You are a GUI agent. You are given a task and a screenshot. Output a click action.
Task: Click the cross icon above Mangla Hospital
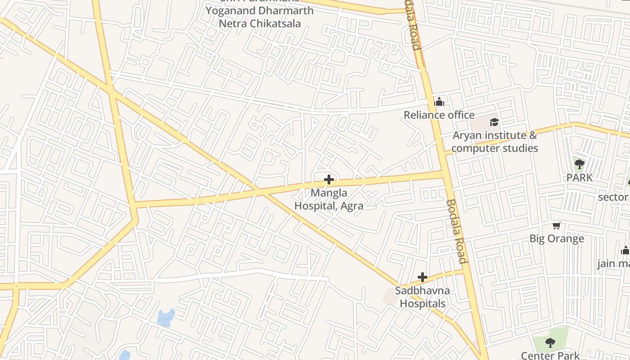click(329, 180)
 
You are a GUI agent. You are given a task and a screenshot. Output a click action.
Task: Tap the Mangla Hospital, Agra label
click(329, 199)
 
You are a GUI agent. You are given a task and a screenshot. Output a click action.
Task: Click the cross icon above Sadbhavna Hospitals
click(422, 277)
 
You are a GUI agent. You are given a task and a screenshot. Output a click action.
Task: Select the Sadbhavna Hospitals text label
click(423, 297)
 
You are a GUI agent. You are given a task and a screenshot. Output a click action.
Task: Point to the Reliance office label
click(439, 115)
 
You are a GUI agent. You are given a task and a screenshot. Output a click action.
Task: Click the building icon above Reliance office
click(439, 102)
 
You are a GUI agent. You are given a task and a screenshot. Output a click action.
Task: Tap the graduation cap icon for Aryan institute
click(494, 122)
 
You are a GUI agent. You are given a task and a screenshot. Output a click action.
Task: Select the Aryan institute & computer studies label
click(495, 142)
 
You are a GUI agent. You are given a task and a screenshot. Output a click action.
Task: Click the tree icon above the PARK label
click(580, 164)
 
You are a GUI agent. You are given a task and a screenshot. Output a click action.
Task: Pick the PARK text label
click(580, 177)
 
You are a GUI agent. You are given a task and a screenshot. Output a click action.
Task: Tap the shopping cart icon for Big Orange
click(557, 225)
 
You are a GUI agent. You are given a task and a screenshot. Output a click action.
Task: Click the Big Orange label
click(557, 238)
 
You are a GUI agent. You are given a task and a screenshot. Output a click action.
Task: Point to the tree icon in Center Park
click(550, 343)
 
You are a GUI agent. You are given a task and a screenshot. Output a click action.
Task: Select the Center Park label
click(550, 355)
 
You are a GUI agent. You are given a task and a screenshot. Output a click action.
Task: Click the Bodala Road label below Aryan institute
click(455, 231)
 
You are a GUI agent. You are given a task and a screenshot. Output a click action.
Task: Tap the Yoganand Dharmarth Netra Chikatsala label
click(260, 17)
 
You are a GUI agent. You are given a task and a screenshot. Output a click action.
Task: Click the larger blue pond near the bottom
click(166, 318)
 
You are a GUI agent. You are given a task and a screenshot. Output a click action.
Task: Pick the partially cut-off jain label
click(613, 263)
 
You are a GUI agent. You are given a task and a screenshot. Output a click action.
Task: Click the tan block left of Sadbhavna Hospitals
click(389, 296)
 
